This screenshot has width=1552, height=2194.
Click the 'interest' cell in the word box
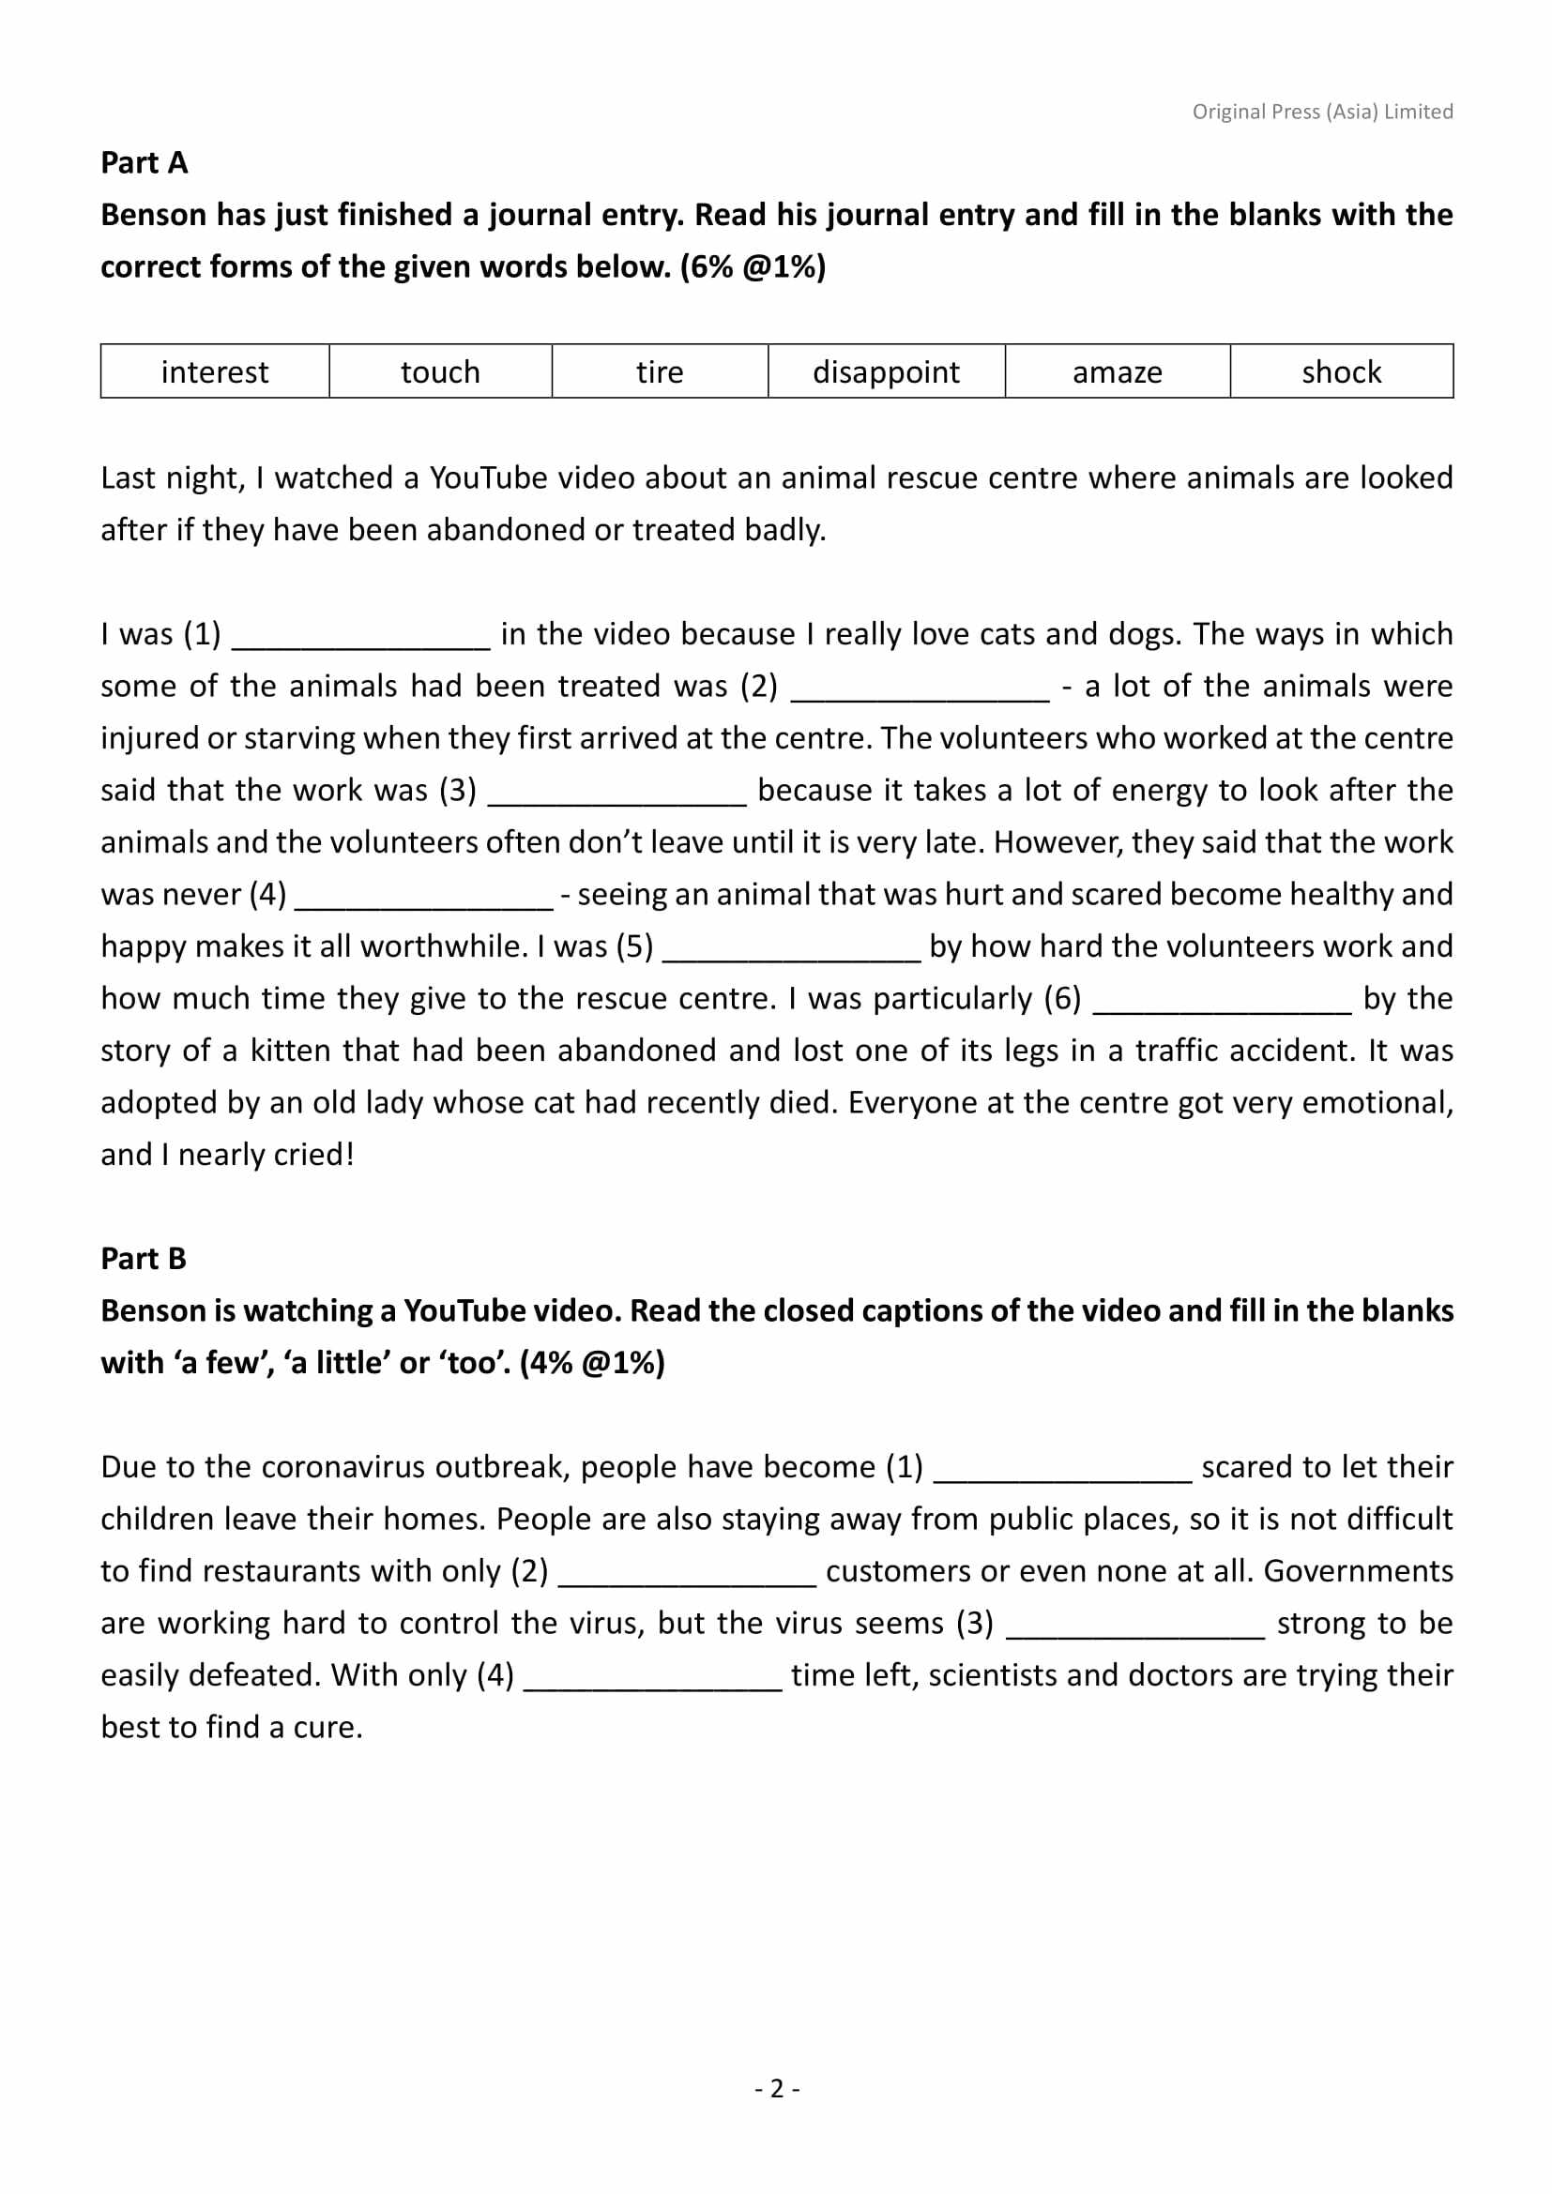click(214, 371)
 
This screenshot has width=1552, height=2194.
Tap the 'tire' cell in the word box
click(660, 371)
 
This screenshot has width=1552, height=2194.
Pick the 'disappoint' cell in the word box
click(886, 371)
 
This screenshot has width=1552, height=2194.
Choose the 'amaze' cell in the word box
click(1117, 371)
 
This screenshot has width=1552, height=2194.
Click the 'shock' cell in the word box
click(1341, 371)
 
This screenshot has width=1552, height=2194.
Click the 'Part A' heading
click(145, 163)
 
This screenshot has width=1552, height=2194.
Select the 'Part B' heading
click(144, 1259)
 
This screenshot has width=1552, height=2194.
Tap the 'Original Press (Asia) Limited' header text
click(1322, 112)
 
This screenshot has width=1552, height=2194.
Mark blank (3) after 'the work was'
click(616, 794)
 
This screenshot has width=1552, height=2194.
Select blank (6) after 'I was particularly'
click(1222, 1002)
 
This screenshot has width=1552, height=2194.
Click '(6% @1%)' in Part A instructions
click(753, 266)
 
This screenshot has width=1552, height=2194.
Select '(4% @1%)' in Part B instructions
click(592, 1363)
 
